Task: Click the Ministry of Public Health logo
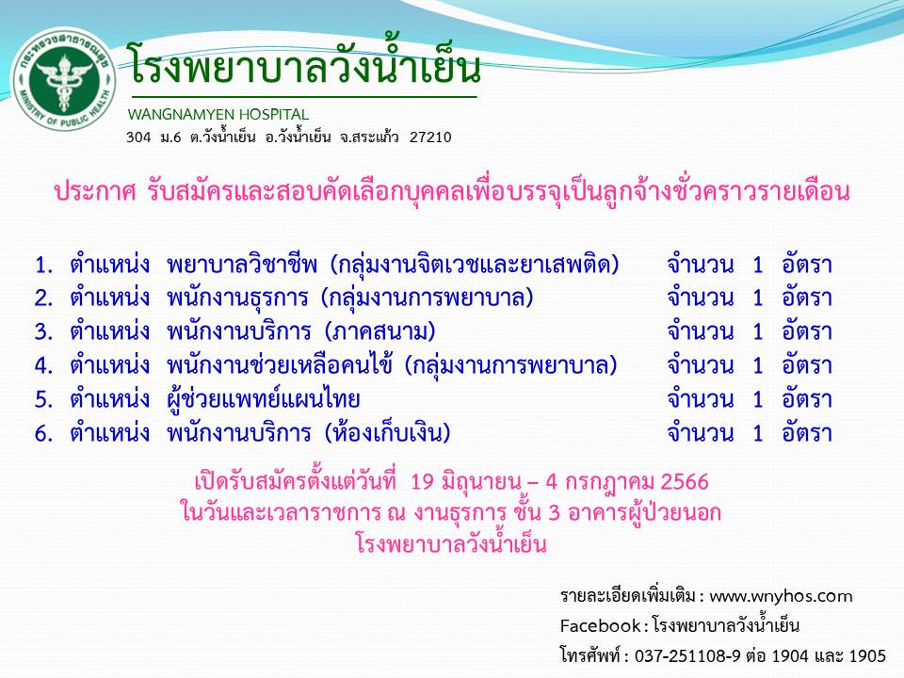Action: (63, 78)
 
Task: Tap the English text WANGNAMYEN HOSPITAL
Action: (218, 114)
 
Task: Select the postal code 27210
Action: (430, 137)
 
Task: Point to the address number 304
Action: (138, 137)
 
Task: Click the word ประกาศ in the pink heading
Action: (94, 192)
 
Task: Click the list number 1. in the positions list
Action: (43, 266)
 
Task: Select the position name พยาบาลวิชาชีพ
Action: (242, 264)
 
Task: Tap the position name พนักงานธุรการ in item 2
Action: (237, 299)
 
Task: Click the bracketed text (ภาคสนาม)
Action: (379, 332)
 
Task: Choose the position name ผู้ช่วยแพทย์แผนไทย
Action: (263, 399)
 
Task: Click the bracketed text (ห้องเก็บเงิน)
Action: (387, 433)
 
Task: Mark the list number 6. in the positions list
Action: (43, 433)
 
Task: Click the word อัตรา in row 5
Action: (807, 399)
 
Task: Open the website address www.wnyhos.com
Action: (781, 596)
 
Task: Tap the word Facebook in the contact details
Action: (600, 625)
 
